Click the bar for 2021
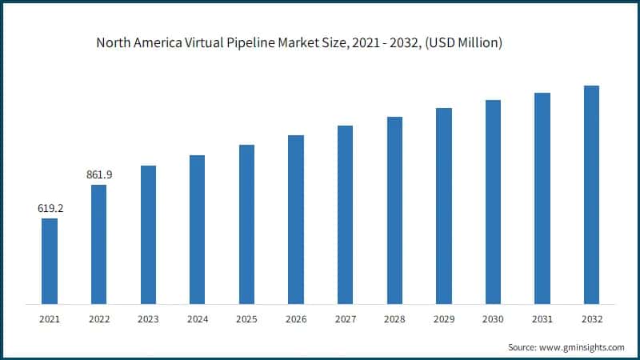tap(50, 261)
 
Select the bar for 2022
tap(98, 244)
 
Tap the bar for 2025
tap(246, 224)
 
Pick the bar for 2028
tap(394, 210)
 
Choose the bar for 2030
tap(493, 202)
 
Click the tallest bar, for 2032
tap(591, 194)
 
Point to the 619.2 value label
tap(50, 208)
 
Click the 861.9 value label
tap(99, 174)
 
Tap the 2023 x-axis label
tap(148, 318)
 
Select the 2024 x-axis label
tap(198, 318)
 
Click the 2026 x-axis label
tap(296, 318)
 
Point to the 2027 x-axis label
tap(345, 318)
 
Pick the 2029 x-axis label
tap(443, 318)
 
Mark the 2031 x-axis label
tap(542, 318)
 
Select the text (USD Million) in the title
tap(460, 43)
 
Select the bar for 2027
tap(345, 214)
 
